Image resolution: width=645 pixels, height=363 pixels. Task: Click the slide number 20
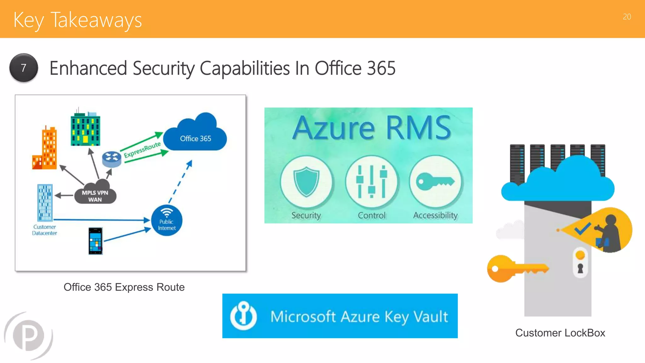coord(627,17)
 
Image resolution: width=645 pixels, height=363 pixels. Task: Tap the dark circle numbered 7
coord(24,68)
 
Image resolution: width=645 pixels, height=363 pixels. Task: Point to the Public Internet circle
coord(167,221)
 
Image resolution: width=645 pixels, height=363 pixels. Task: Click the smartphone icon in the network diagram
coord(96,241)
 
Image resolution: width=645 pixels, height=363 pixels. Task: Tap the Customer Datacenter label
coord(44,230)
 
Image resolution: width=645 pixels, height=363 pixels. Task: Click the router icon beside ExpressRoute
coord(111,159)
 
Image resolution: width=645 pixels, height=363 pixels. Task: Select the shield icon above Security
coord(306,182)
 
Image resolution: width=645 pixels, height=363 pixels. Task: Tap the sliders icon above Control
coord(372,182)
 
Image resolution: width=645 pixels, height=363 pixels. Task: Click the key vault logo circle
coord(243,316)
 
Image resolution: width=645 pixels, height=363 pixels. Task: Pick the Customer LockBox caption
coord(560,333)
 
